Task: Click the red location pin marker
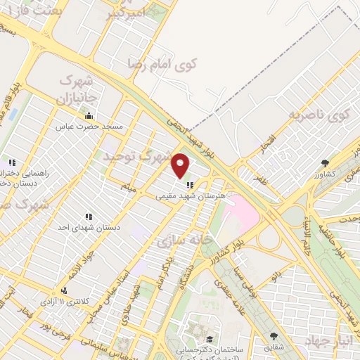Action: (181, 165)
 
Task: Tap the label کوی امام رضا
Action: (162, 64)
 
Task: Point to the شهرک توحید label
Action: (137, 156)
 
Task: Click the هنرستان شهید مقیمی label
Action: (184, 198)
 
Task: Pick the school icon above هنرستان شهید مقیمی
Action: (190, 186)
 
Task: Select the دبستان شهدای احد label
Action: (89, 228)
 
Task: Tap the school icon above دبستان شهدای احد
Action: (89, 217)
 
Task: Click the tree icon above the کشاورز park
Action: (324, 163)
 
